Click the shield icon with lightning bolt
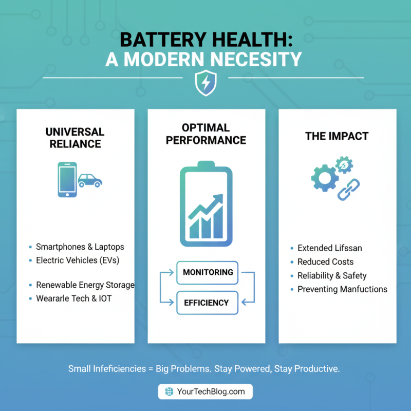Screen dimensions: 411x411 click(206, 82)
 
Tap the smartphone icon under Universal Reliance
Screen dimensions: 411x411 click(67, 179)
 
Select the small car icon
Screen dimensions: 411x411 click(90, 180)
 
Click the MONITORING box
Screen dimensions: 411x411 click(208, 272)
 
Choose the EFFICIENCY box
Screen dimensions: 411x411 click(208, 303)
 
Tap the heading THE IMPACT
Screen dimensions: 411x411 click(337, 136)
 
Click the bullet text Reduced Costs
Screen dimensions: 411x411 click(325, 261)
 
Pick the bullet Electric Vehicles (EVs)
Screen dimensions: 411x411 click(77, 260)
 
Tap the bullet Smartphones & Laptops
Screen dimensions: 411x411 click(80, 247)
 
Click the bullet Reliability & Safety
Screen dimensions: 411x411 click(332, 275)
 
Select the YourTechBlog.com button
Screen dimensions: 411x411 click(206, 391)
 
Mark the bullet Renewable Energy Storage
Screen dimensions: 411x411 click(85, 285)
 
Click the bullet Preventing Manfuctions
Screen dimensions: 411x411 click(342, 289)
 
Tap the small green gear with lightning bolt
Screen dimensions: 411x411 click(345, 165)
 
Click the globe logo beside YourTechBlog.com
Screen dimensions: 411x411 click(169, 391)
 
